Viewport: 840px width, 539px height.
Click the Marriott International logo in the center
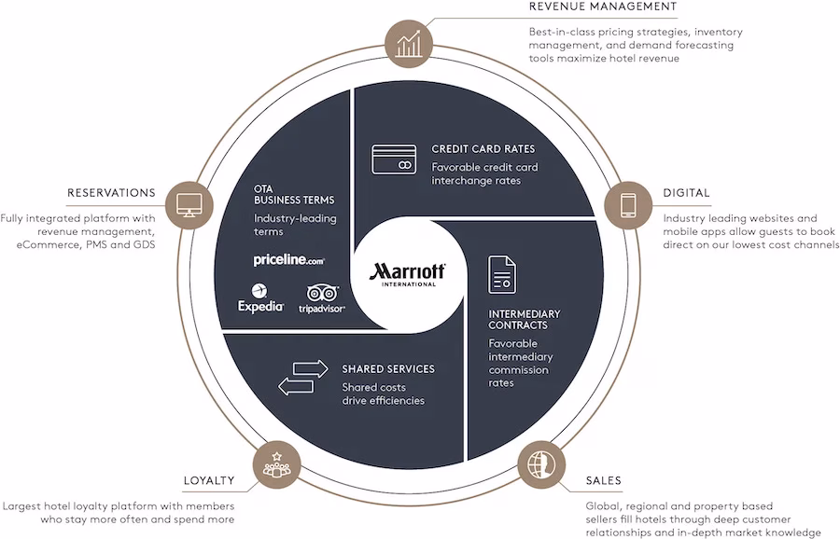pos(407,274)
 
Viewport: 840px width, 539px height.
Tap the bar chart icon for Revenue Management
pos(408,43)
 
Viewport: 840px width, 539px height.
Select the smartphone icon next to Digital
pos(628,205)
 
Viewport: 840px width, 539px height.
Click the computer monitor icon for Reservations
pos(189,205)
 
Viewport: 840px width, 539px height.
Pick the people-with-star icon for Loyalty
pos(276,464)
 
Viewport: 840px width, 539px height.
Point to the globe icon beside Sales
pos(541,464)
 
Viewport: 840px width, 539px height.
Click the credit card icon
pos(394,159)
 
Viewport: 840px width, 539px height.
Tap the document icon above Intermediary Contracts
pos(502,274)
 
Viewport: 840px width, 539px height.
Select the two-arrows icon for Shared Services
pos(303,378)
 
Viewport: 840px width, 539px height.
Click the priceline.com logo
pos(288,260)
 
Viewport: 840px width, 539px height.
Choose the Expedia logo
pos(260,298)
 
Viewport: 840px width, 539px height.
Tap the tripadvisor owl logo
pos(322,298)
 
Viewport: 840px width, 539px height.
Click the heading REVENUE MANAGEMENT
pos(603,7)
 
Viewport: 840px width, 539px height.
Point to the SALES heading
pos(603,480)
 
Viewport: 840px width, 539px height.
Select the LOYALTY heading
pos(209,480)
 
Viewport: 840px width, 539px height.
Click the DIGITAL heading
pos(686,193)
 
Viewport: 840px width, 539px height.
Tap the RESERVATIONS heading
pos(111,193)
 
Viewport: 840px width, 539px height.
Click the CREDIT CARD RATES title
pos(483,149)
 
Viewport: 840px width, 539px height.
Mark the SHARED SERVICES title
pos(388,368)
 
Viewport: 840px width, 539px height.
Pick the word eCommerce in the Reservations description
pos(49,244)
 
